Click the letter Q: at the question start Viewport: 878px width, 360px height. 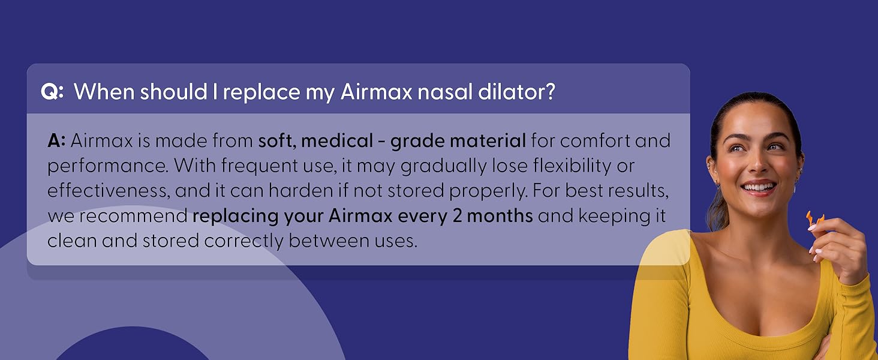click(52, 92)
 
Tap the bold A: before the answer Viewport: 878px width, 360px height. click(56, 142)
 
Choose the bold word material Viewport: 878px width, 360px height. click(488, 142)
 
